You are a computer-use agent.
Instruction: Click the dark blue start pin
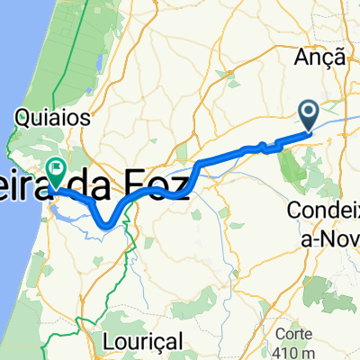[x=309, y=115]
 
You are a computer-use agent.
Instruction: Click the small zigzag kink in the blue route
[x=262, y=146]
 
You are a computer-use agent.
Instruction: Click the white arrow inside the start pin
[x=309, y=112]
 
